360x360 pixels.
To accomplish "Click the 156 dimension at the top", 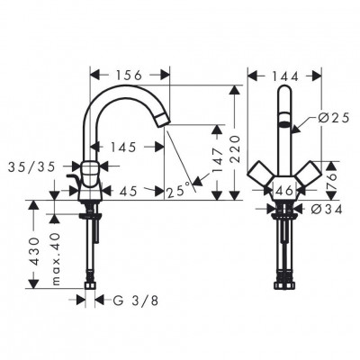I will pyautogui.click(x=130, y=76).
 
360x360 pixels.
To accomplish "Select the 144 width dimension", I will pyautogui.click(x=283, y=76).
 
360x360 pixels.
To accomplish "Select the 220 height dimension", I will pyautogui.click(x=236, y=144).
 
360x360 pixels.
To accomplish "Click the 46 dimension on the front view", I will pyautogui.click(x=284, y=191).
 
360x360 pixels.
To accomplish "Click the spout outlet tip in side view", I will pyautogui.click(x=163, y=119).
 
